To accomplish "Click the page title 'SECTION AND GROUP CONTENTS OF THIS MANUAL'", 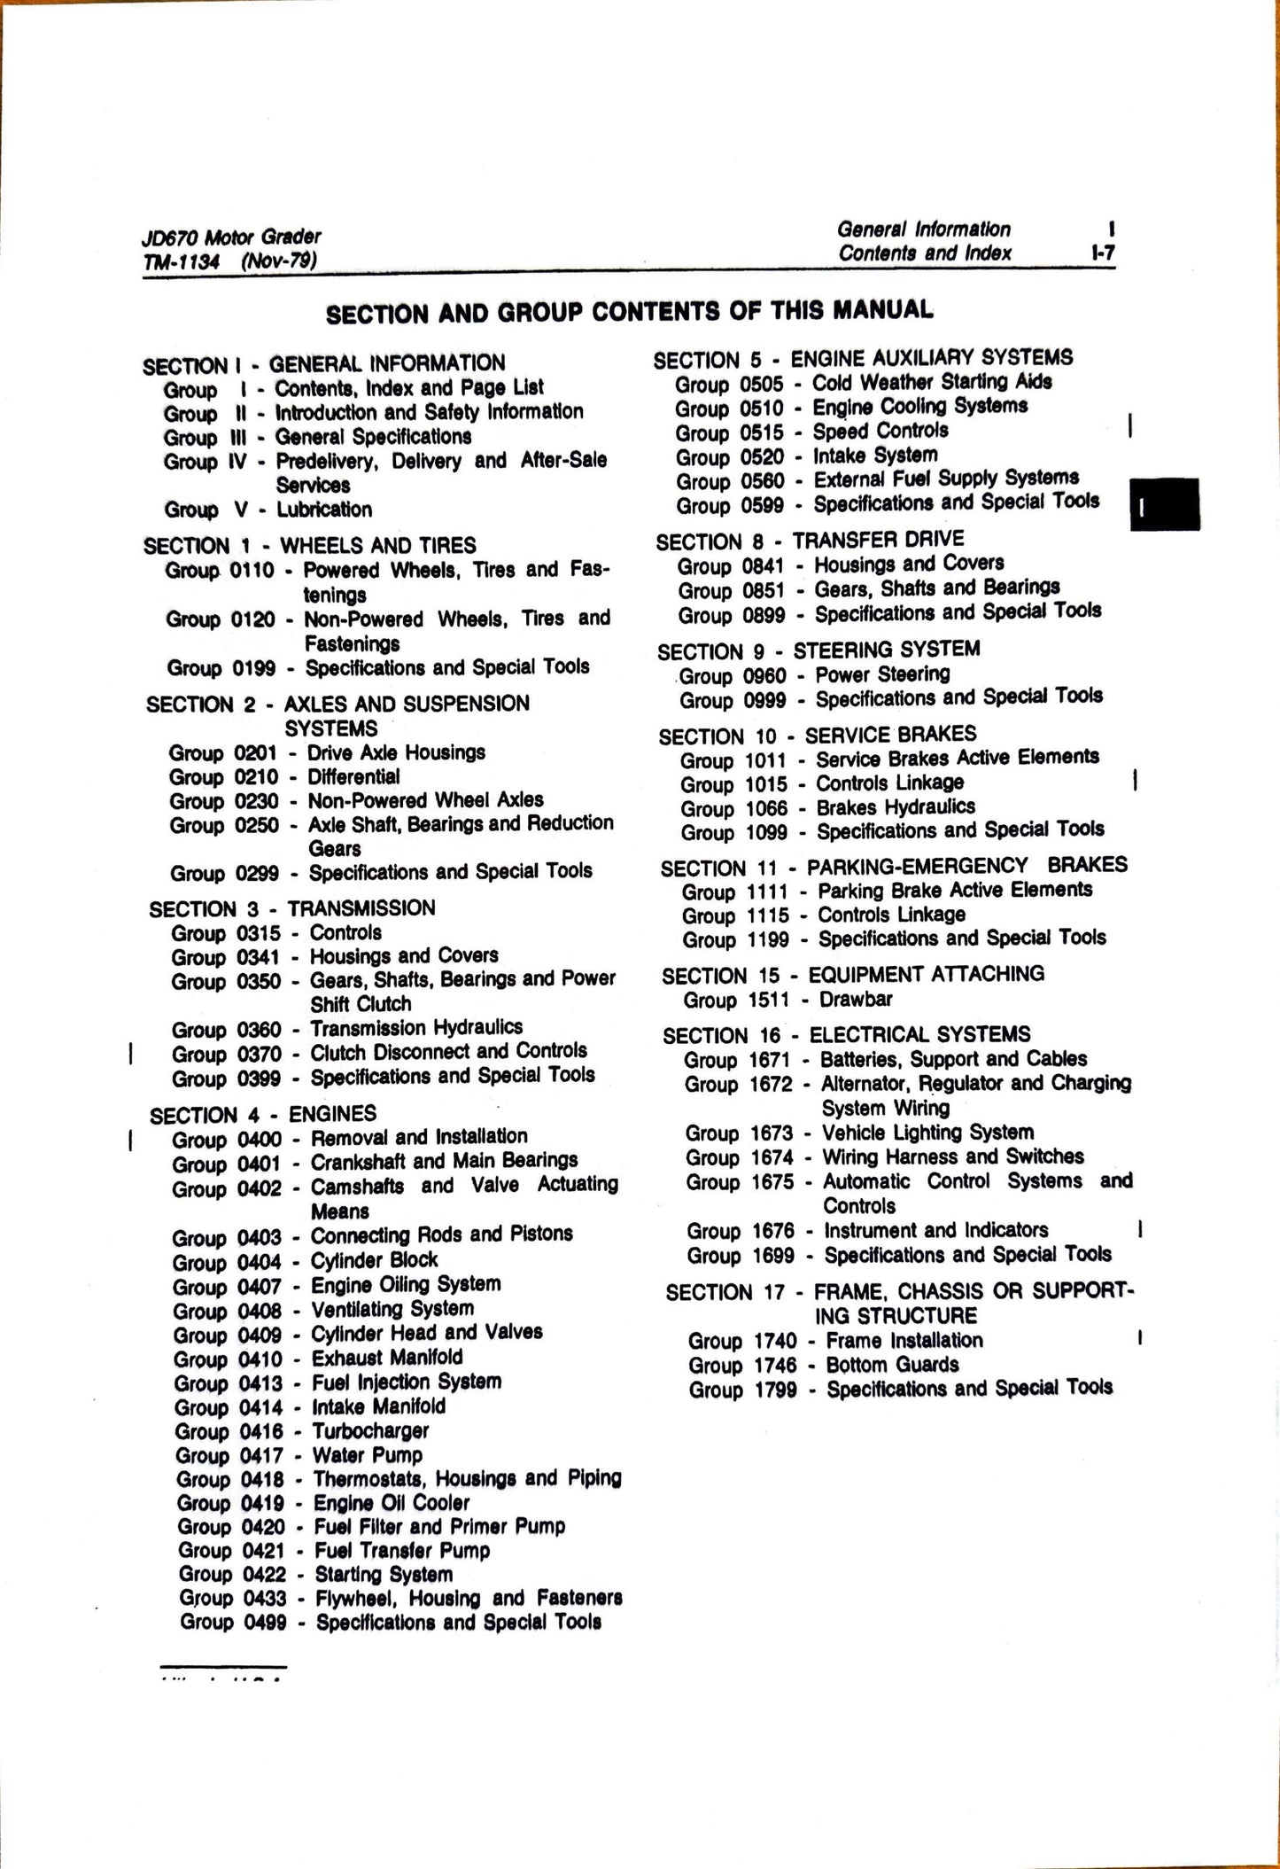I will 629,312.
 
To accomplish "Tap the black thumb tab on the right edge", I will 1164,504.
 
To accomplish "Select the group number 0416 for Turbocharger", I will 261,1431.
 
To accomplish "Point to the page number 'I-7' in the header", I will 1103,253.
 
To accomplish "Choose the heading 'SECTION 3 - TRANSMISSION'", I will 292,908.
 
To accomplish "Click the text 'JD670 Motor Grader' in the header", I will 230,237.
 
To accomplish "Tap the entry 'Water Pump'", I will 368,1455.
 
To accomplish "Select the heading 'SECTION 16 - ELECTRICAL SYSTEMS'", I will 846,1035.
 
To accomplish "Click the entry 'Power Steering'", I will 882,675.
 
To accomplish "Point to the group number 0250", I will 256,825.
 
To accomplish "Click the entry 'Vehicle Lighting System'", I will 927,1133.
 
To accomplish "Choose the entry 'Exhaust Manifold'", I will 387,1358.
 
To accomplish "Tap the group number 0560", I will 762,481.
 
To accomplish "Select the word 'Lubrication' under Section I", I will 324,510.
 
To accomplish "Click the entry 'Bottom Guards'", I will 892,1366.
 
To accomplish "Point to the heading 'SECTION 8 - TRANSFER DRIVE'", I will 810,541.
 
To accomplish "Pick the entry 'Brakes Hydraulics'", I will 896,807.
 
